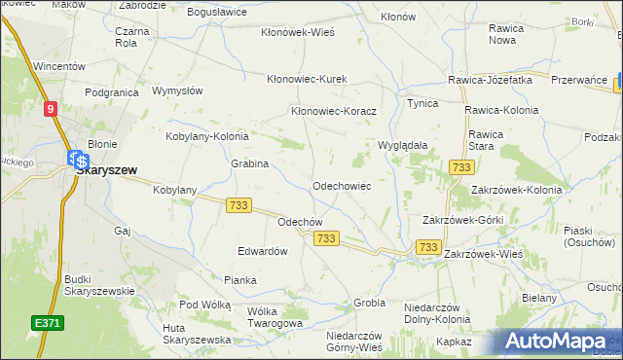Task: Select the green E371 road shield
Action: [43, 322]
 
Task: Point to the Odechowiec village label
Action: [339, 185]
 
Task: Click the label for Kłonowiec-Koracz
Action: [334, 111]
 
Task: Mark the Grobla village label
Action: [370, 303]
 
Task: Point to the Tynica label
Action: [422, 102]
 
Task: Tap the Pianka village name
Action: [239, 280]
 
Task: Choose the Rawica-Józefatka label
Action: [490, 80]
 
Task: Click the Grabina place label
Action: [249, 163]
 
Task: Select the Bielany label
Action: [538, 298]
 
